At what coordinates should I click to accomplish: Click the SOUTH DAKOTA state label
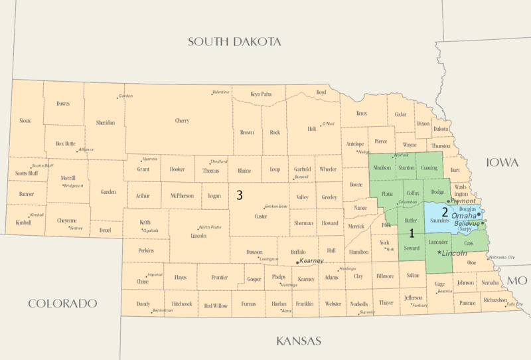(x=234, y=42)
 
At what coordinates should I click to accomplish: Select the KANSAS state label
(x=299, y=341)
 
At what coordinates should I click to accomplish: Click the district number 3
(x=239, y=195)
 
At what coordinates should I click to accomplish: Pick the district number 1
(x=412, y=233)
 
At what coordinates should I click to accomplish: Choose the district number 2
(x=444, y=213)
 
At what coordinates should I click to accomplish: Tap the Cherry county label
(x=181, y=121)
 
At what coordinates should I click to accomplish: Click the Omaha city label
(x=464, y=216)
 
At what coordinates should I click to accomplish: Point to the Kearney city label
(x=311, y=261)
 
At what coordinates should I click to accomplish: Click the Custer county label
(x=260, y=217)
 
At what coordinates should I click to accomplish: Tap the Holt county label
(x=312, y=130)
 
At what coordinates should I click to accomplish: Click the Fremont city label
(x=464, y=201)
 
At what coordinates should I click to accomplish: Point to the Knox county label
(x=362, y=114)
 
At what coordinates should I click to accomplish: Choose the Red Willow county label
(x=216, y=306)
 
